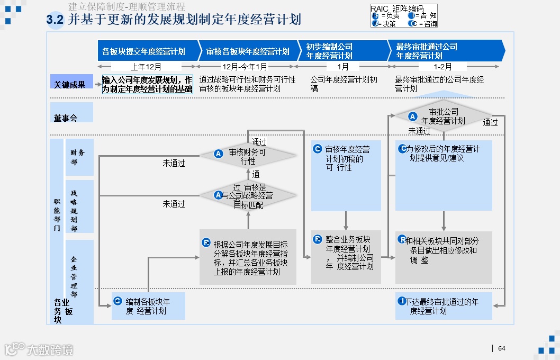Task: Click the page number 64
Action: tap(502, 348)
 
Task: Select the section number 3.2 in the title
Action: tap(55, 20)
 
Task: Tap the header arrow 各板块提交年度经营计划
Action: tap(144, 51)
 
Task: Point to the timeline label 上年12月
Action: tap(146, 67)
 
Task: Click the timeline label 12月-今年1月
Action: tap(245, 67)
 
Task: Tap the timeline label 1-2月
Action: tap(443, 67)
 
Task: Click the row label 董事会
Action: tap(66, 118)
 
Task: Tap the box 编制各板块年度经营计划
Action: tap(148, 306)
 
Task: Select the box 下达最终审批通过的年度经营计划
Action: tap(444, 306)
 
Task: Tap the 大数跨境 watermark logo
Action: tap(39, 349)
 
